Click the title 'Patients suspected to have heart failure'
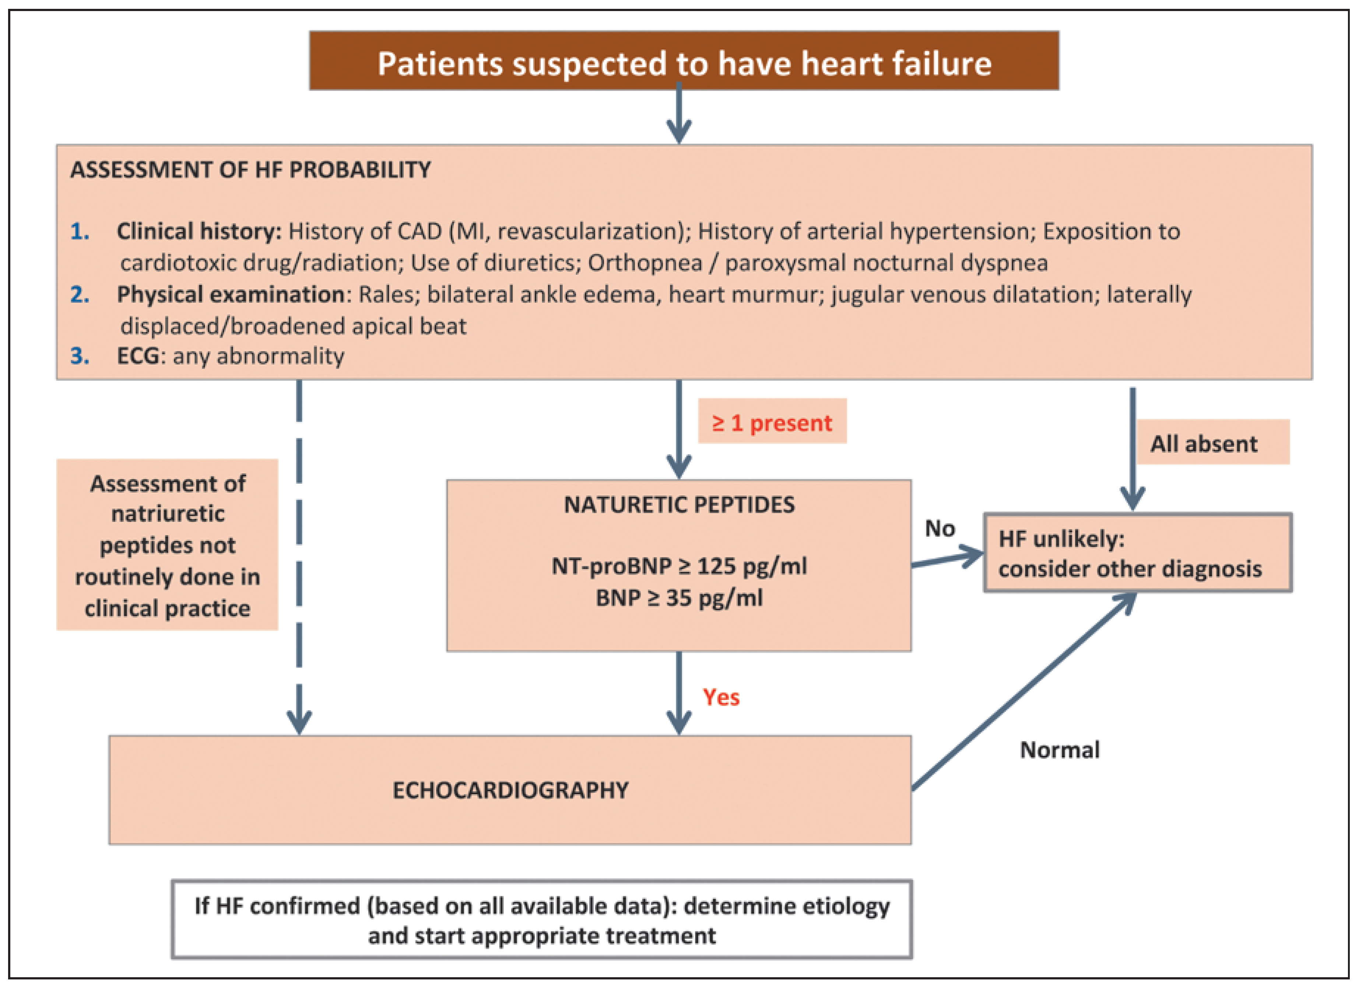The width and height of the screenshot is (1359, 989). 684,63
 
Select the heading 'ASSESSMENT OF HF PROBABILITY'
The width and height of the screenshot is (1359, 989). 250,170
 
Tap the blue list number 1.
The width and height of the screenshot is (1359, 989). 80,231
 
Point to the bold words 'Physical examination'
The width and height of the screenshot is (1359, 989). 230,294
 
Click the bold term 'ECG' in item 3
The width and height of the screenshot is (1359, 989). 138,356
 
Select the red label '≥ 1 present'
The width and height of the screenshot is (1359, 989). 772,423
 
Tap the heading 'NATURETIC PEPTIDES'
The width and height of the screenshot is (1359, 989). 679,505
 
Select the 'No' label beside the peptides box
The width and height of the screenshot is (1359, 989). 940,529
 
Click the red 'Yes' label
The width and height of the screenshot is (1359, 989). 721,697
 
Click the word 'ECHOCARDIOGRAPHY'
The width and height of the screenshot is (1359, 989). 510,790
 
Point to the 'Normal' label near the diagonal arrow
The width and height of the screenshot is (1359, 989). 1060,750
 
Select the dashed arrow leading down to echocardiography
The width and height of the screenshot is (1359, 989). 299,557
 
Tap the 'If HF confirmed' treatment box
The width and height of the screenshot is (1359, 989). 542,920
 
